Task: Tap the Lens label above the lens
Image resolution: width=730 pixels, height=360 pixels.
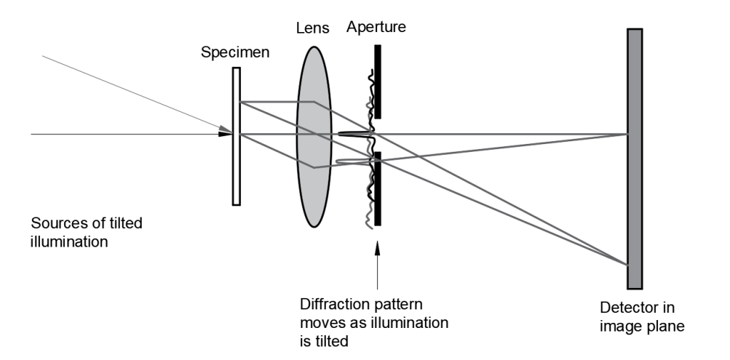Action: coord(313,29)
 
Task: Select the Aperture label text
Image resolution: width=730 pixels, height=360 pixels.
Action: coord(376,28)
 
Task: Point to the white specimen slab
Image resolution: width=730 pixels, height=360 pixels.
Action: coord(236,171)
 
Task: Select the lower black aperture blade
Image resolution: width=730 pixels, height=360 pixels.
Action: coord(377,188)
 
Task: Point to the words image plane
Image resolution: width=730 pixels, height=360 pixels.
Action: coord(642,326)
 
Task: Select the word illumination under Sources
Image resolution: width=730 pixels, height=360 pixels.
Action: coord(69,242)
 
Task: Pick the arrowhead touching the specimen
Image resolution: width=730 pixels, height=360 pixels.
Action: coord(225,133)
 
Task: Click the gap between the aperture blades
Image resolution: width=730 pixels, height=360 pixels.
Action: coord(377,135)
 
